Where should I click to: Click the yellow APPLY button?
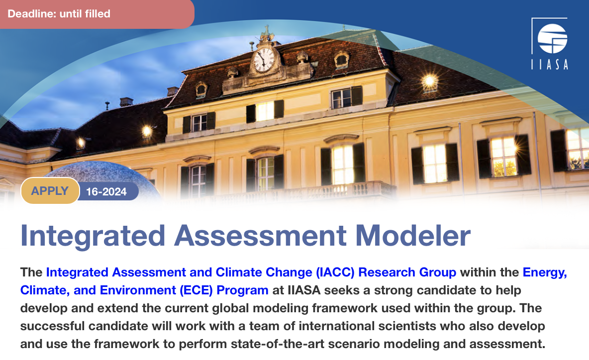coord(50,191)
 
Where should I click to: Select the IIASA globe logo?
coord(552,38)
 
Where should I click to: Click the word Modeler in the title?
coord(412,236)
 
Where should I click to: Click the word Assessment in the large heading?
coord(260,236)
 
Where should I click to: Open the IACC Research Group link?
coord(251,272)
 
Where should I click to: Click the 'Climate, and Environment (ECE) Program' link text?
coord(144,290)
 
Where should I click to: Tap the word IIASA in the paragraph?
coord(304,290)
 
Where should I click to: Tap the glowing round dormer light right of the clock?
coord(429,81)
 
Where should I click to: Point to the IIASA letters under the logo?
coord(549,64)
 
